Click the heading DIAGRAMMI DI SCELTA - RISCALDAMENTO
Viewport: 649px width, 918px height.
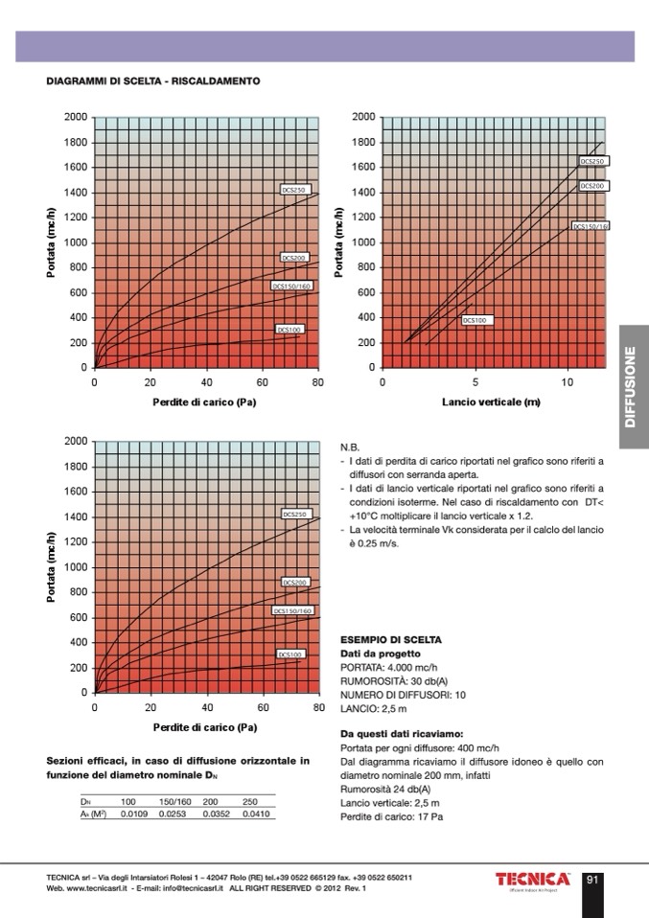click(153, 82)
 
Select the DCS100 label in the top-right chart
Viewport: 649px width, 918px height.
click(476, 320)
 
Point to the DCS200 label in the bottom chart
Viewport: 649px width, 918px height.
click(294, 582)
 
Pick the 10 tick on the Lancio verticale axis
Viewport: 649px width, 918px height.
click(568, 382)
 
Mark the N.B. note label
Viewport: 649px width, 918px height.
click(349, 447)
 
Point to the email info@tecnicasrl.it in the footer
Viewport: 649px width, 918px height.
click(179, 888)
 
